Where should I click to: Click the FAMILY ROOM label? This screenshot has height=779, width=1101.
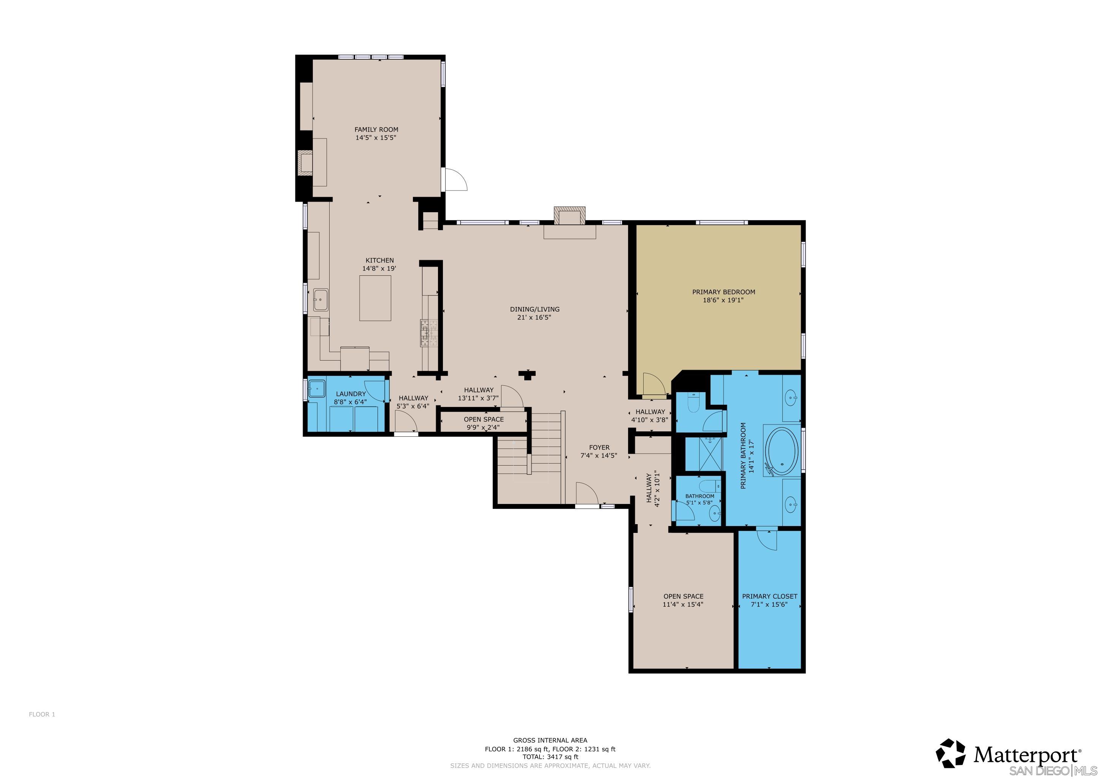376,129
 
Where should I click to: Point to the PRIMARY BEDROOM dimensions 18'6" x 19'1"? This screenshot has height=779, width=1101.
723,300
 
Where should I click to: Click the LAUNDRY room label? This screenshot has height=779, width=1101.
351,394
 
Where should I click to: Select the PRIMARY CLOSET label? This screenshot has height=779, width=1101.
769,596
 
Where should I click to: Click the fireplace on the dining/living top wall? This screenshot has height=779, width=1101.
570,216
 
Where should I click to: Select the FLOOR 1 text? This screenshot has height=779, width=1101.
42,714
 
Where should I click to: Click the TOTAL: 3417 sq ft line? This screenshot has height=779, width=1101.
550,757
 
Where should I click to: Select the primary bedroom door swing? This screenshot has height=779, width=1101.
653,386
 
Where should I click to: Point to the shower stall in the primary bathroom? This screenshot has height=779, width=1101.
703,453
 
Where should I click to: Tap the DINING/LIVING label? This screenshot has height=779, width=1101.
534,309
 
